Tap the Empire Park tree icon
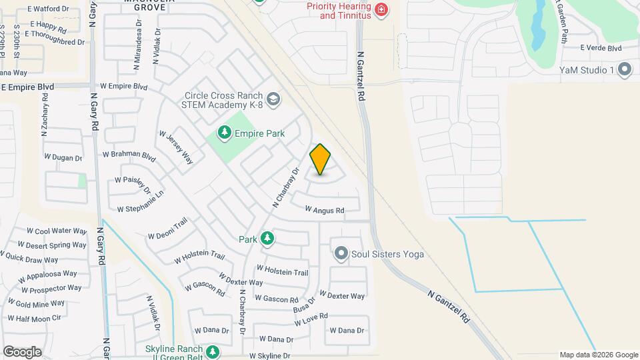point(225,133)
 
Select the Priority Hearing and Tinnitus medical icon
point(381,9)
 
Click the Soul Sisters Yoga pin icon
point(341,254)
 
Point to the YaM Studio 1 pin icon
point(625,69)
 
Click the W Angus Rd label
point(325,210)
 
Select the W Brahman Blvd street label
point(129,154)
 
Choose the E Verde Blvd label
point(601,48)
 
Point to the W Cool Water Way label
point(57,231)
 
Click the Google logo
point(21,351)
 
